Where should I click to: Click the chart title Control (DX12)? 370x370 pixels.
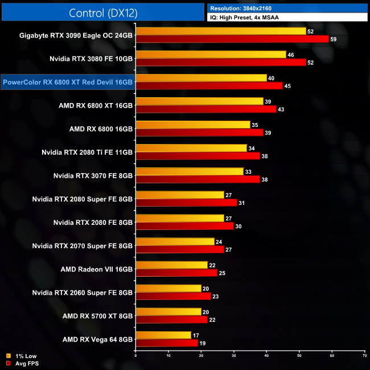102,13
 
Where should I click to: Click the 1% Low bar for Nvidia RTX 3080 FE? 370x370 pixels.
211,54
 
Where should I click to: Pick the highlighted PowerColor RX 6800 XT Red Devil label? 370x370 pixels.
68,82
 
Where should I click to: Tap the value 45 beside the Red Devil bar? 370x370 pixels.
288,86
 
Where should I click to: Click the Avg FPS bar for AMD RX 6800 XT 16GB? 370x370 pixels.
205,109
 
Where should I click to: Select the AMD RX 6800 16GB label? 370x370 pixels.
101,129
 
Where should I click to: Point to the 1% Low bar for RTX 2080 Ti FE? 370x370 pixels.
191,148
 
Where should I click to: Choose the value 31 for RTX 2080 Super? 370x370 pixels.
242,203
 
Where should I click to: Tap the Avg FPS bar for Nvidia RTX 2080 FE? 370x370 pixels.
184,226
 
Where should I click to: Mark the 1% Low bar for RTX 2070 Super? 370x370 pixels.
175,241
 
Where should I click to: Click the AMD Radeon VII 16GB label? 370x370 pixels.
97,269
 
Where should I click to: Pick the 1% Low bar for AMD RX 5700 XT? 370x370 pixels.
168,311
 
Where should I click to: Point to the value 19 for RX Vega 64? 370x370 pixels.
203,343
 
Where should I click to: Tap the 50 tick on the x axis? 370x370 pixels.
299,357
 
